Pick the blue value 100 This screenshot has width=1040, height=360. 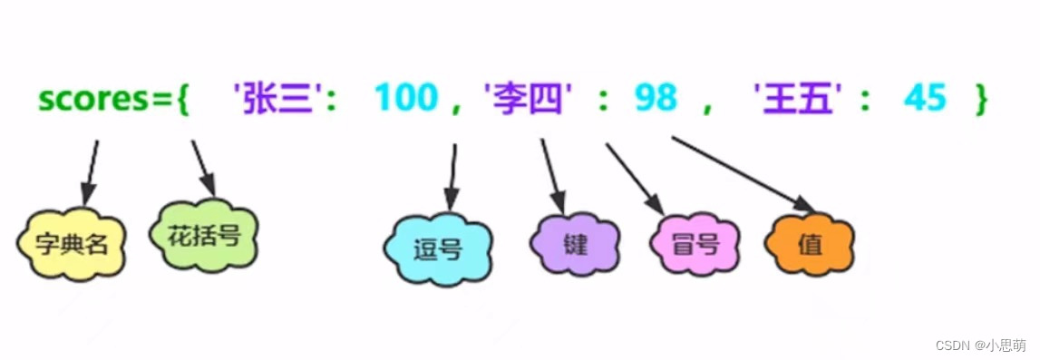pyautogui.click(x=405, y=97)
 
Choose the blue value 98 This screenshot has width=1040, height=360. pyautogui.click(x=656, y=97)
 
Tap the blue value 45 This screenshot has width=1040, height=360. pyautogui.click(x=925, y=97)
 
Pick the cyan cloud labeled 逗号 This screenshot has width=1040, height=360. pyautogui.click(x=437, y=250)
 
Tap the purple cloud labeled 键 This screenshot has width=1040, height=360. pyautogui.click(x=574, y=242)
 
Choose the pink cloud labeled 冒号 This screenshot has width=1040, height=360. pyautogui.click(x=695, y=244)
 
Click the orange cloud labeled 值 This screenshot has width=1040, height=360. pyautogui.click(x=810, y=244)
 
